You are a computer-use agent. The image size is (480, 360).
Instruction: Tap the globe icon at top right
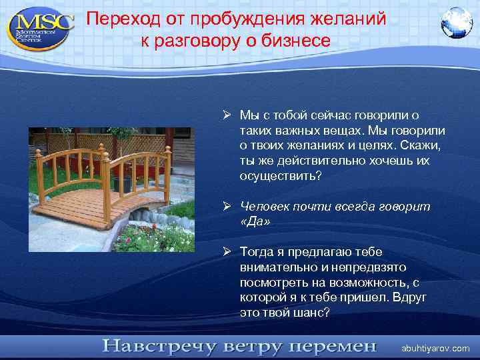pyautogui.click(x=457, y=21)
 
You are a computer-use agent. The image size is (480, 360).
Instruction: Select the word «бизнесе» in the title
pyautogui.click(x=299, y=41)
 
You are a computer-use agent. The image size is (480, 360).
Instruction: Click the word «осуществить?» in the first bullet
pyautogui.click(x=280, y=176)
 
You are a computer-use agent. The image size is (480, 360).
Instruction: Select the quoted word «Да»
pyautogui.click(x=255, y=222)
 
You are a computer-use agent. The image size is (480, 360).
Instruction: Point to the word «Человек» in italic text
pyautogui.click(x=265, y=207)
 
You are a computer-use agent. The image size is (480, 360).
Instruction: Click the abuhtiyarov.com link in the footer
pyautogui.click(x=435, y=348)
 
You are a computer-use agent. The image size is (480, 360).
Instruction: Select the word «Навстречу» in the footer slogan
pyautogui.click(x=157, y=347)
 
